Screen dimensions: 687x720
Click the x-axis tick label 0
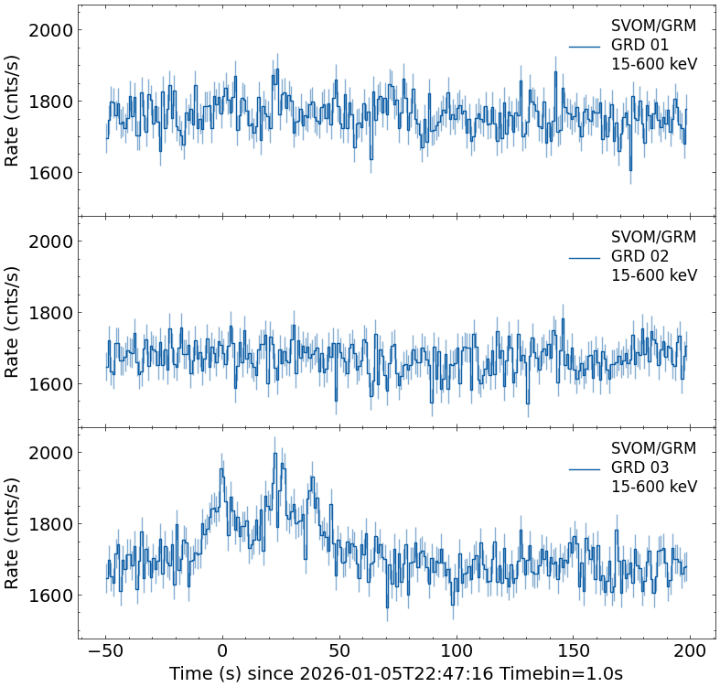coord(222,651)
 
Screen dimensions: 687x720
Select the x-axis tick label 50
coord(339,651)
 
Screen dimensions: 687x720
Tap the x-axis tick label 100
coord(457,651)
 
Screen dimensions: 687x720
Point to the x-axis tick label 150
coord(574,651)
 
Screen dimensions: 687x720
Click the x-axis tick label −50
coord(105,651)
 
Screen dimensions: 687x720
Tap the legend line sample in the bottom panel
coord(584,469)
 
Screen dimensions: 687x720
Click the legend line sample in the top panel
coord(584,47)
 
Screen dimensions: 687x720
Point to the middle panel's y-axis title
coord(13,321)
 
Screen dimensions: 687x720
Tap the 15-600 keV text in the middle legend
coord(654,276)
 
